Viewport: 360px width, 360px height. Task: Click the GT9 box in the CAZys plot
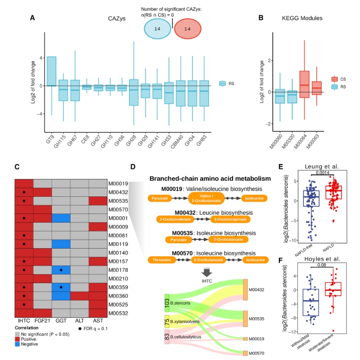coord(51,71)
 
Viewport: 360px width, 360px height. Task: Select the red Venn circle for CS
coord(189,28)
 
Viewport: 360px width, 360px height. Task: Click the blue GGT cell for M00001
coord(61,218)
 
